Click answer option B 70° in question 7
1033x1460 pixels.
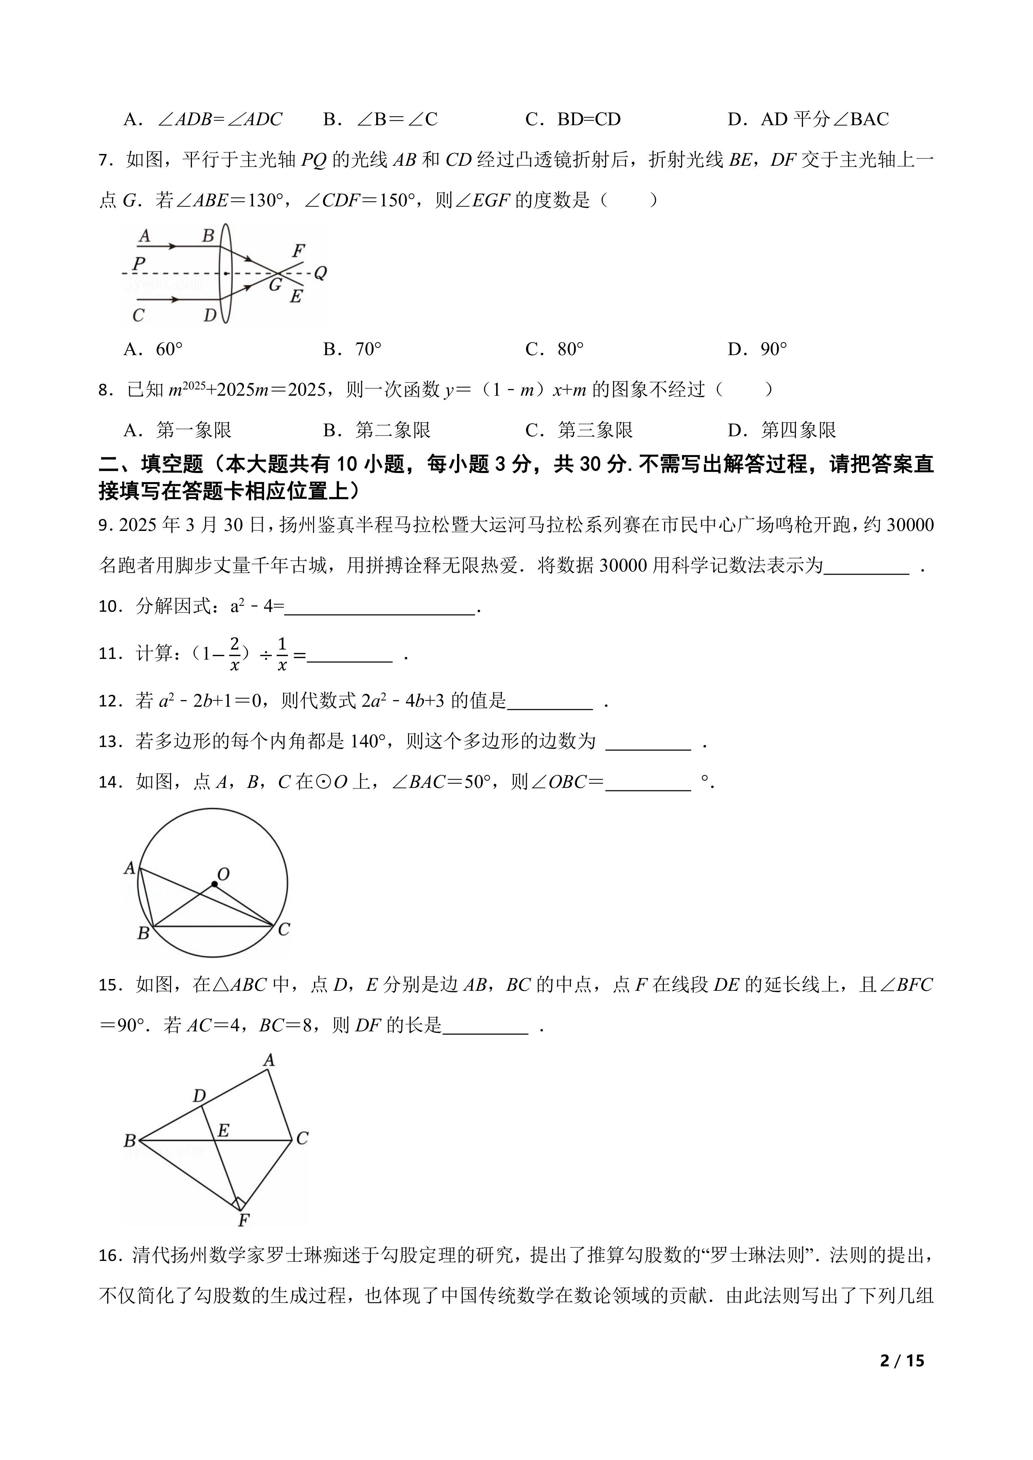click(x=353, y=349)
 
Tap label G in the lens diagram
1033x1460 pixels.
click(x=275, y=284)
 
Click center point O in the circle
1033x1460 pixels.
click(x=215, y=884)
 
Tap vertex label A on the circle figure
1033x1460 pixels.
click(x=130, y=867)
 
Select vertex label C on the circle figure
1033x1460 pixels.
click(x=284, y=930)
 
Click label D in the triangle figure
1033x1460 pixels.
click(x=199, y=1096)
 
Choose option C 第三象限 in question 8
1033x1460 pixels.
click(x=579, y=430)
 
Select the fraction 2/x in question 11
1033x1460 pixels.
click(x=235, y=654)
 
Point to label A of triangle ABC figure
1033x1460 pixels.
click(x=269, y=1060)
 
